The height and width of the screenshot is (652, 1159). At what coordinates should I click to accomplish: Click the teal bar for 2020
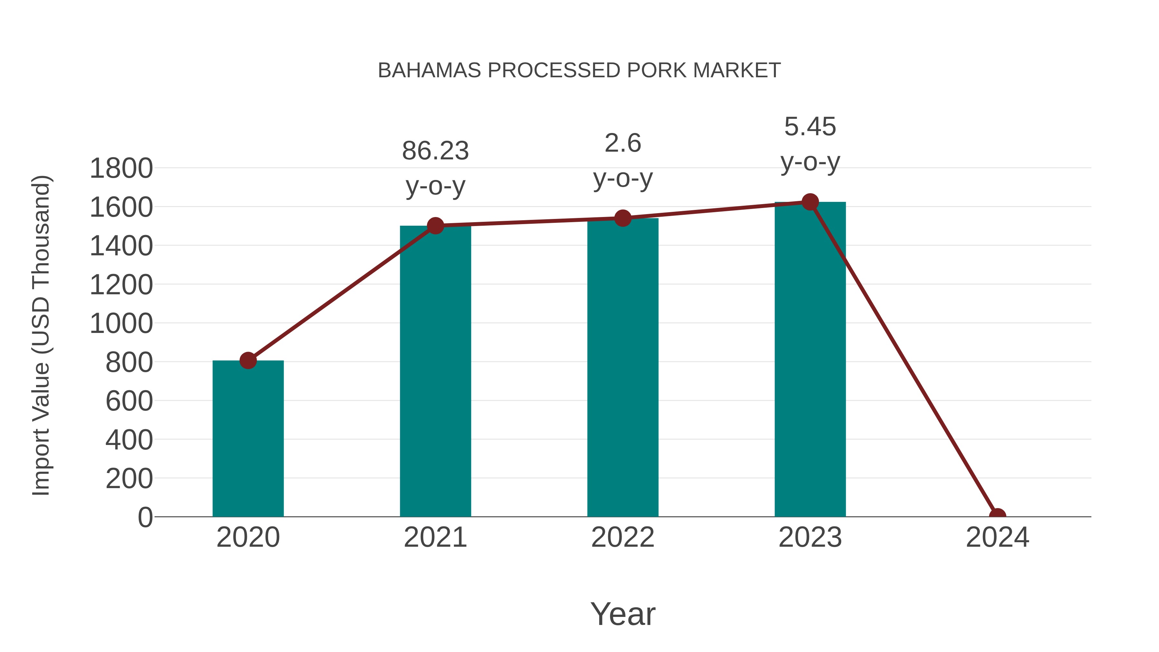248,439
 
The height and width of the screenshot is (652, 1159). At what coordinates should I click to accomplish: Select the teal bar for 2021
435,371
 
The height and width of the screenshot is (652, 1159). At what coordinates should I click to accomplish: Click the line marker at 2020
248,360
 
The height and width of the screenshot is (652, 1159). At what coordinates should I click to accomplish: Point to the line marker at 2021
435,225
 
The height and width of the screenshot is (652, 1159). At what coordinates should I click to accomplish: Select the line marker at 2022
623,218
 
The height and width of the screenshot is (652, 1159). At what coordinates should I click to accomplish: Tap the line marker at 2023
810,202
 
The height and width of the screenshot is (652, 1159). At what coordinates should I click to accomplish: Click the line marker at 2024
997,516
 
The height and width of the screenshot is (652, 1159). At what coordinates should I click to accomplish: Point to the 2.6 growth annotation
623,160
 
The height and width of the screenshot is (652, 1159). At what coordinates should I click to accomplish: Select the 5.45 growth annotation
810,144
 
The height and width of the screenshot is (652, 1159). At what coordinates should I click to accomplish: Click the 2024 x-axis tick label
997,537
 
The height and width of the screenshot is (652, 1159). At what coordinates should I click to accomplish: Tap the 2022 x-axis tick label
623,537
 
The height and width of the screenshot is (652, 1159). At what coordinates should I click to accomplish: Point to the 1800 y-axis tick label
121,169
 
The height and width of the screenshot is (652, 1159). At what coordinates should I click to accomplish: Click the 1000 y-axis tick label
121,324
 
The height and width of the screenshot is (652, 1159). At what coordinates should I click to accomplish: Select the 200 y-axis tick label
129,479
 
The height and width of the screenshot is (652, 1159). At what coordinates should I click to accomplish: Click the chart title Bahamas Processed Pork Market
579,70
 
